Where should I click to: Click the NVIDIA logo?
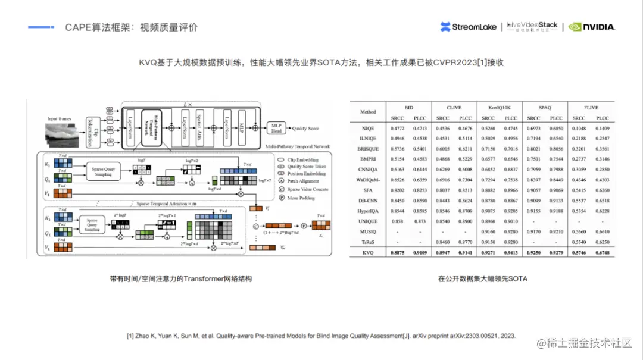point(592,27)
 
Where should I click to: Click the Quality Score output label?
point(305,128)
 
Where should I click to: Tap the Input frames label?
point(59,119)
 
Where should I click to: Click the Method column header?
point(368,112)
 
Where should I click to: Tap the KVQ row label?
point(368,252)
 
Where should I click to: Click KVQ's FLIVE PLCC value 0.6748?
point(603,252)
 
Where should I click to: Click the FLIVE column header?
point(591,108)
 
